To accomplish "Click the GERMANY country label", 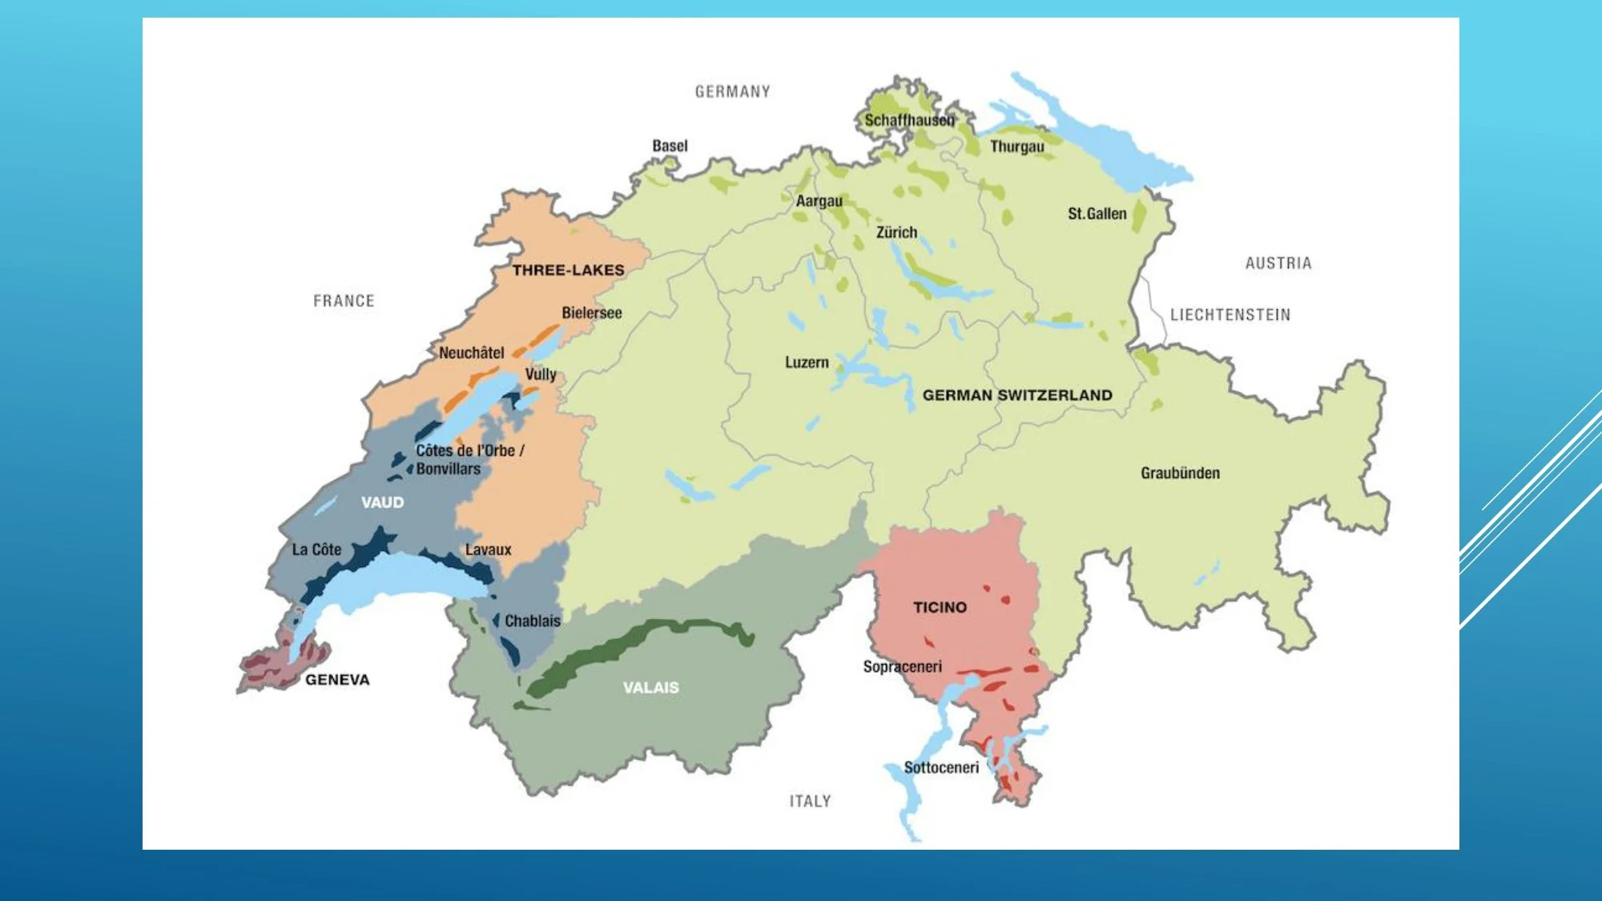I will click(732, 92).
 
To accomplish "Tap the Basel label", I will click(670, 146).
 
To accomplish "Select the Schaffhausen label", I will click(909, 120).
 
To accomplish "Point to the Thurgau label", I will click(1016, 147).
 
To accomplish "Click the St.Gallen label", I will click(1097, 214).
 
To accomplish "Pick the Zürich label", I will click(896, 232).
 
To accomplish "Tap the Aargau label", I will click(819, 201).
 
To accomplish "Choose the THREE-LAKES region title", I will click(568, 271).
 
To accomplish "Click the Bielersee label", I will click(591, 313).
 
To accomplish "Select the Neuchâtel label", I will click(471, 352).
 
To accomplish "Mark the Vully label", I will click(541, 374).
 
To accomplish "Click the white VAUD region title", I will click(382, 503).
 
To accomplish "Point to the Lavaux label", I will click(488, 549).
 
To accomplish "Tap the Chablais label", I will click(532, 621).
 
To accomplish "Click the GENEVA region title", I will click(337, 680).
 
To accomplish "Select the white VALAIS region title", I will click(650, 688).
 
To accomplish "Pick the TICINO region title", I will click(940, 608).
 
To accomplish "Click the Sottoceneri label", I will click(941, 767).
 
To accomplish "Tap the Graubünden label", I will click(1180, 473).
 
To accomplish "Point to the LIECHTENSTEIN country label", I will click(1230, 315).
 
